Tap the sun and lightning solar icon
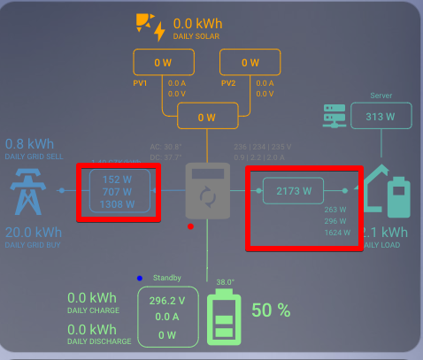tap(150, 27)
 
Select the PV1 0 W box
tap(163, 63)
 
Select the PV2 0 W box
tap(250, 63)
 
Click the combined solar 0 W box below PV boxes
tap(206, 117)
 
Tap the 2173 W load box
tap(294, 190)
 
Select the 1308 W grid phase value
tap(118, 204)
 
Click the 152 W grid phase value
tap(118, 177)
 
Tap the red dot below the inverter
tap(191, 226)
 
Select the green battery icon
tap(222, 318)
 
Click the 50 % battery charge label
tap(271, 310)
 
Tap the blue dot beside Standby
tap(140, 279)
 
